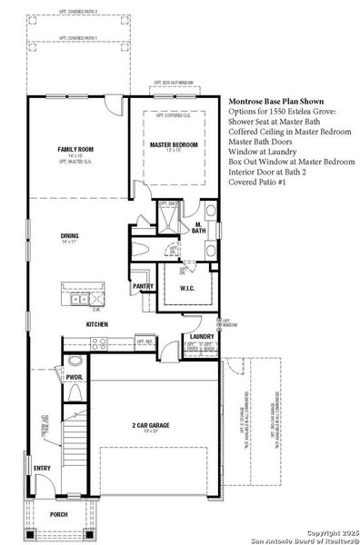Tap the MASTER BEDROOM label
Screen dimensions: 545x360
(x=175, y=144)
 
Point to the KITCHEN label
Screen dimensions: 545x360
(x=97, y=324)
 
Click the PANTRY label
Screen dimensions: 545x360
(x=143, y=287)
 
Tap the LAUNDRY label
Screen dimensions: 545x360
(x=202, y=337)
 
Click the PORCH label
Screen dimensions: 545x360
(x=58, y=514)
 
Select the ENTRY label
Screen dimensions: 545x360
(x=43, y=469)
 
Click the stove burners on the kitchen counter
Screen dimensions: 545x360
(x=99, y=342)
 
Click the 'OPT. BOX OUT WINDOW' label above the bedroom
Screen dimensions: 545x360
(x=175, y=82)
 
